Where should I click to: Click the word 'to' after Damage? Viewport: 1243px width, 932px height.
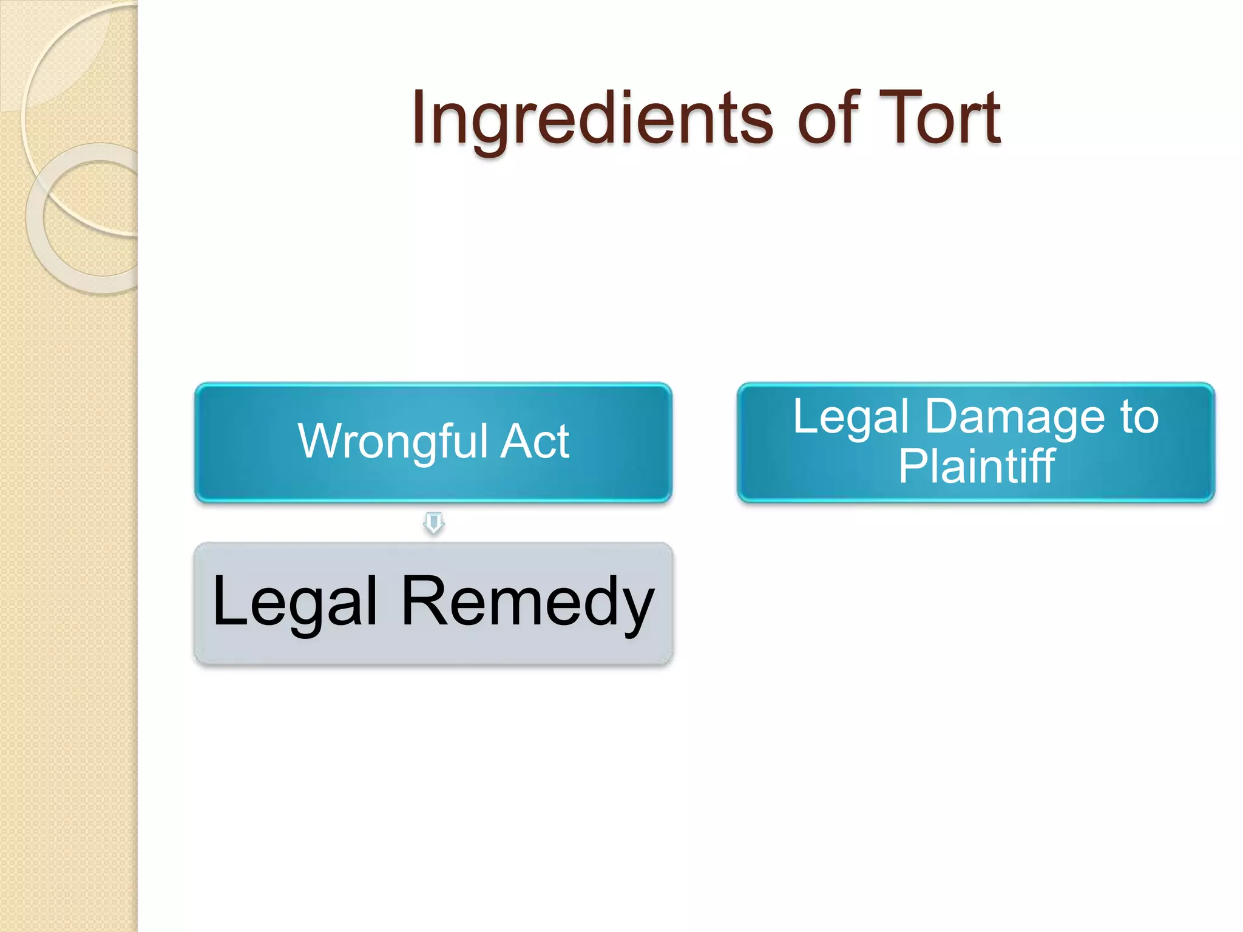(1140, 417)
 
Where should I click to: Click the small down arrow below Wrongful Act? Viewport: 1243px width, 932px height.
(433, 522)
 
